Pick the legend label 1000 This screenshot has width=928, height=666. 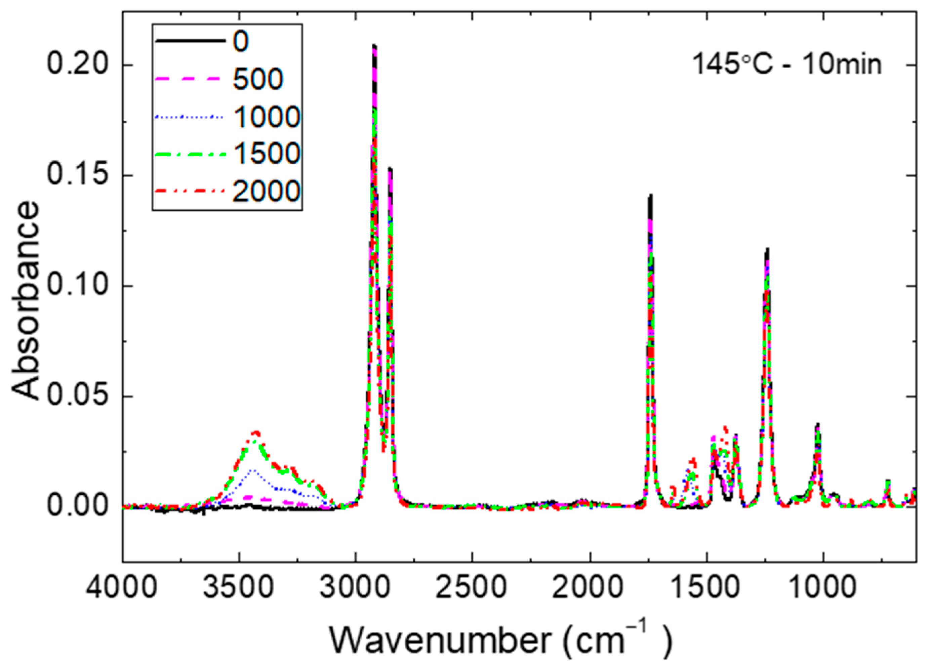(267, 117)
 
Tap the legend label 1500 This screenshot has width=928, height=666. (267, 154)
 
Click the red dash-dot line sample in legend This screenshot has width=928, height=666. (189, 191)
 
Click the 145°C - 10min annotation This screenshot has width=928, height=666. (786, 66)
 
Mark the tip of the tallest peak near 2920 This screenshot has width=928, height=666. (374, 46)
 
